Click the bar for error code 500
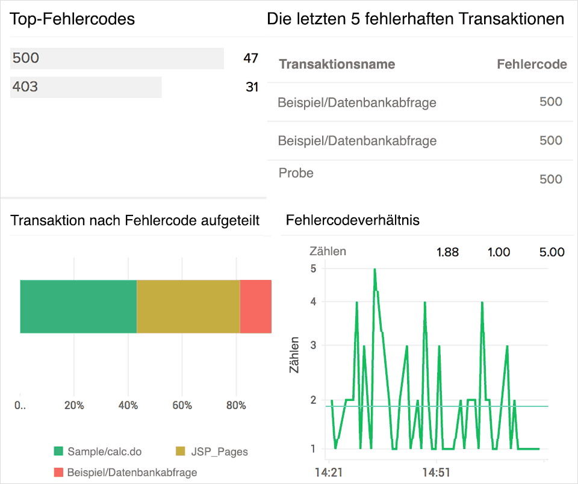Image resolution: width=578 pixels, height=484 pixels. pos(117,58)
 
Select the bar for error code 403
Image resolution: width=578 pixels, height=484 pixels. pos(86,87)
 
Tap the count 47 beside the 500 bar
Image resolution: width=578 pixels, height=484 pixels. pos(250,58)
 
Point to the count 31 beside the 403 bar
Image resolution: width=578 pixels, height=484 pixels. pos(252,87)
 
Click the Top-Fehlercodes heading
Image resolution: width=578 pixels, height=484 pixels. pos(72,19)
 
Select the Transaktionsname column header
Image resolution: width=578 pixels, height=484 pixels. pos(337,64)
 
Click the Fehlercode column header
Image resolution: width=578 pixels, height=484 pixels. pos(532,64)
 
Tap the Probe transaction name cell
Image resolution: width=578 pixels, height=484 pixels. pos(296,173)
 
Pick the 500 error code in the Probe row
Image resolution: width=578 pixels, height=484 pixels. pos(550,179)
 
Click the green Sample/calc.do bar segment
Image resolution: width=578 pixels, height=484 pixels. pos(78,306)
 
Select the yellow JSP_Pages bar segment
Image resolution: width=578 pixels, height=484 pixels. pos(188,306)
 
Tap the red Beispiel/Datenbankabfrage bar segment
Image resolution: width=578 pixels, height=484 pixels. pos(256,306)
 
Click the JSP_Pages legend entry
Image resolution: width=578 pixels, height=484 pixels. pos(211,451)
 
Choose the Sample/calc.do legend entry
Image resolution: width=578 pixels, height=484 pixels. pos(97,451)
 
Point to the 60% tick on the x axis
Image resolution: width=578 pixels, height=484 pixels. pos(182,406)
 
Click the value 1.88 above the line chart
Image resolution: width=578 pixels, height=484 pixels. pos(447,252)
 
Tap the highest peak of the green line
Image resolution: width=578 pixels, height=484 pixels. pos(374,270)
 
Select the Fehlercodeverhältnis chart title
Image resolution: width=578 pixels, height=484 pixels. pos(353,220)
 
